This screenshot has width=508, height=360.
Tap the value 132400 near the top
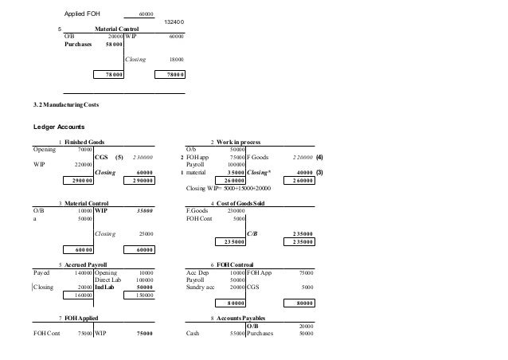pyautogui.click(x=176, y=22)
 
